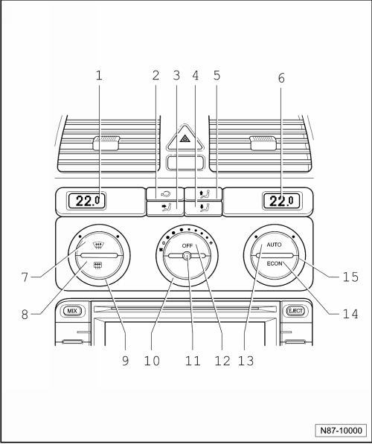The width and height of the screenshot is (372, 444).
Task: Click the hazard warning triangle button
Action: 185,138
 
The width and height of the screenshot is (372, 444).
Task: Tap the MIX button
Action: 72,311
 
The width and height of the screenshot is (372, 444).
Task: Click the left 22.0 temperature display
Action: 86,201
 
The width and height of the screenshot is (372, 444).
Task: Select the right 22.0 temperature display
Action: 281,201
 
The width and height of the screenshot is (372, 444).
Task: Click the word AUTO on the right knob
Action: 274,245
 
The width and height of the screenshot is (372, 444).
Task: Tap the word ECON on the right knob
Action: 275,263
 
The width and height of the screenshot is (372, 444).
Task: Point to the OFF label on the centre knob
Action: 187,245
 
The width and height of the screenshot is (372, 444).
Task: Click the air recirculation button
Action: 165,194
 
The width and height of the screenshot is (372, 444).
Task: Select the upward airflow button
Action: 203,194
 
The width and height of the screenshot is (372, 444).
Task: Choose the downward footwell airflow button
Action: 203,209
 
